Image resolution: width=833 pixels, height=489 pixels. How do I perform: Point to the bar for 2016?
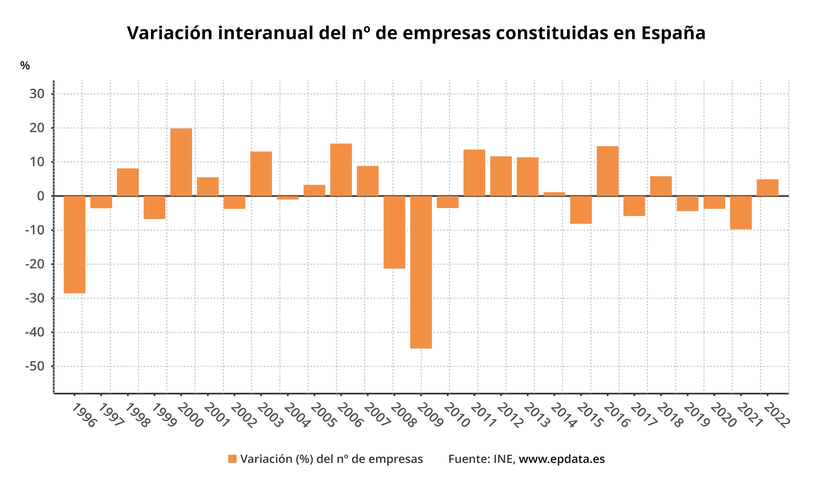[608, 171]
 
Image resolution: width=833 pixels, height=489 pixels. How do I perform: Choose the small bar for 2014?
[554, 194]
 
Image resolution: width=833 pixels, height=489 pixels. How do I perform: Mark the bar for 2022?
[767, 188]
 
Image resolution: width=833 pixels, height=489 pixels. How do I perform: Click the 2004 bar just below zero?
[288, 198]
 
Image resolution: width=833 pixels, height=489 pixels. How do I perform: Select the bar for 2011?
[474, 173]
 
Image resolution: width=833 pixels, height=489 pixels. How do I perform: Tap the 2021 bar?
[741, 212]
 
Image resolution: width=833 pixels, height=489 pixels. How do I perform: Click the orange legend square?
[232, 459]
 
